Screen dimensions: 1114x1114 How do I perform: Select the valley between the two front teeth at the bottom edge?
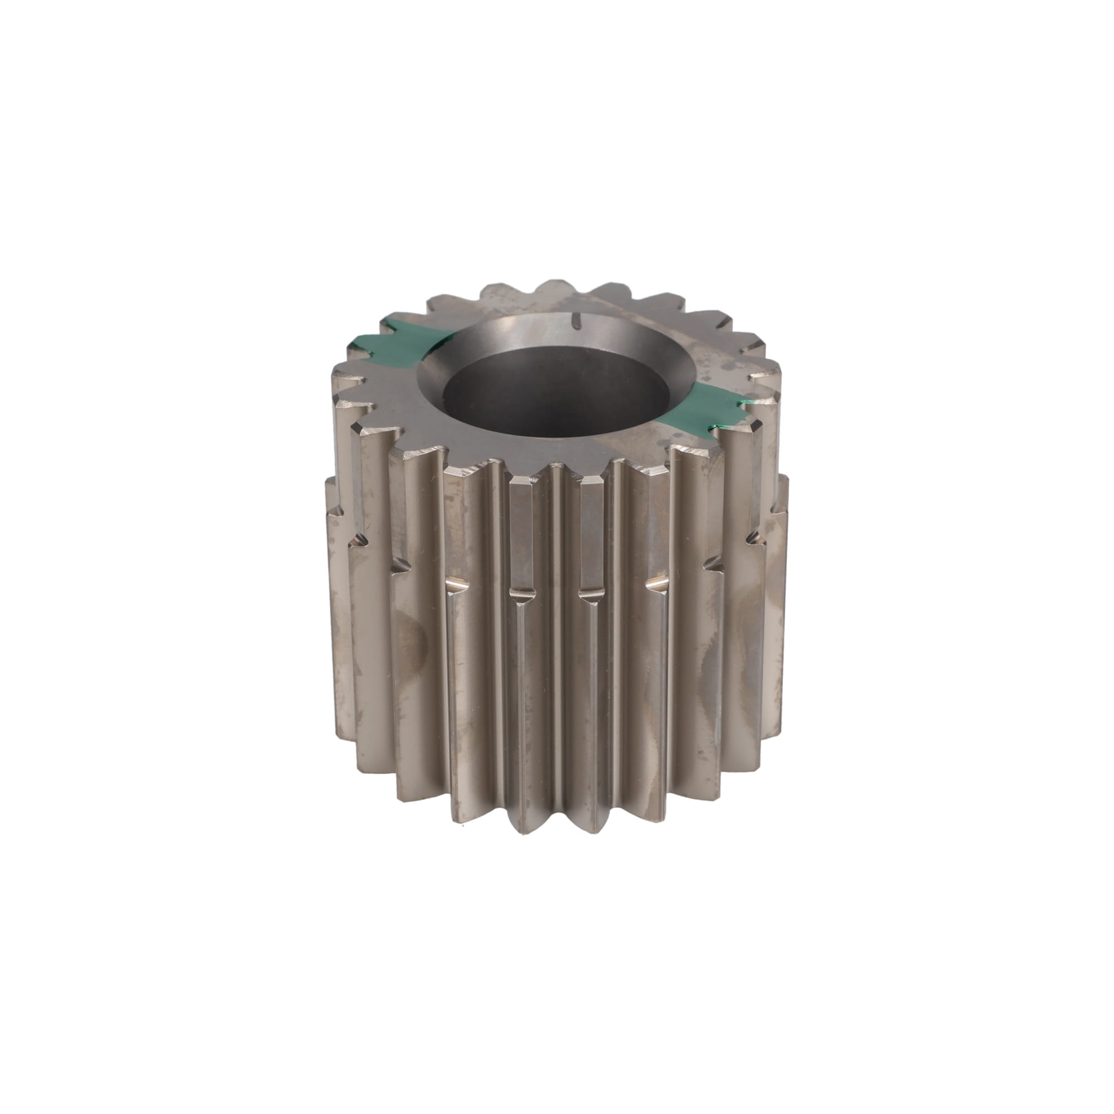(x=556, y=830)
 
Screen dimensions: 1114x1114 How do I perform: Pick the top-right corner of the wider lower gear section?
(x=785, y=478)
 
